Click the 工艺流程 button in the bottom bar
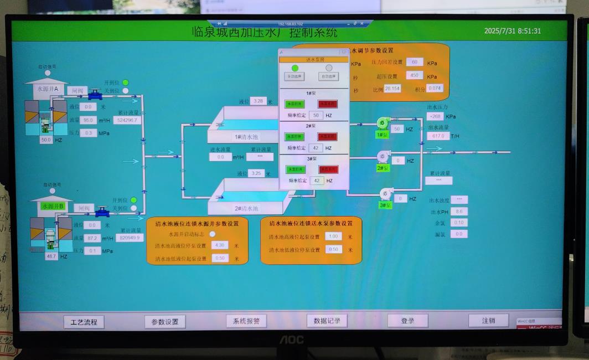point(84,322)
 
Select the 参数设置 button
point(165,322)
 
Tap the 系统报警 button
point(246,321)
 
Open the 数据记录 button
point(327,320)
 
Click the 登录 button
point(407,321)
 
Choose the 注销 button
point(488,320)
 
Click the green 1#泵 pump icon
point(383,123)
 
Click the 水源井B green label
point(53,206)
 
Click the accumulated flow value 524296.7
point(127,120)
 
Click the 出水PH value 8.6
point(459,212)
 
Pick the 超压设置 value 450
point(414,75)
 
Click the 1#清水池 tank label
point(246,136)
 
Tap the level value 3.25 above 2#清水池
point(257,173)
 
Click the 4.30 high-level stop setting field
point(219,245)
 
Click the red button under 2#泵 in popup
point(327,136)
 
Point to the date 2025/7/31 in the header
point(500,31)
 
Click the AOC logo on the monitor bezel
point(291,338)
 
